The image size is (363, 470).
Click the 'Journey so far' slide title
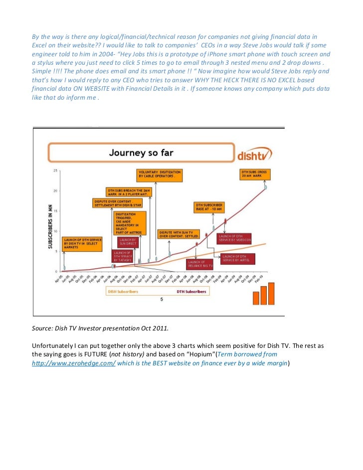pyautogui.click(x=141, y=153)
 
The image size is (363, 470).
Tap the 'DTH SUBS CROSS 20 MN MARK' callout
pyautogui.click(x=254, y=175)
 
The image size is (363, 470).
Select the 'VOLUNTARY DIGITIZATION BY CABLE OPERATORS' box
pyautogui.click(x=159, y=174)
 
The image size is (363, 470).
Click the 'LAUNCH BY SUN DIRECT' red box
pyautogui.click(x=128, y=242)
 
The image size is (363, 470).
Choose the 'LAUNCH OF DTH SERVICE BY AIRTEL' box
pyautogui.click(x=238, y=258)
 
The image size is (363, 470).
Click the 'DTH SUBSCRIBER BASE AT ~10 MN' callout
pyautogui.click(x=209, y=207)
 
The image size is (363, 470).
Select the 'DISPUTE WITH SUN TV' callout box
pyautogui.click(x=179, y=234)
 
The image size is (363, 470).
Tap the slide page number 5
pyautogui.click(x=161, y=300)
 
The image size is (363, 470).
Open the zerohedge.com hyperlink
pyautogui.click(x=74, y=363)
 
